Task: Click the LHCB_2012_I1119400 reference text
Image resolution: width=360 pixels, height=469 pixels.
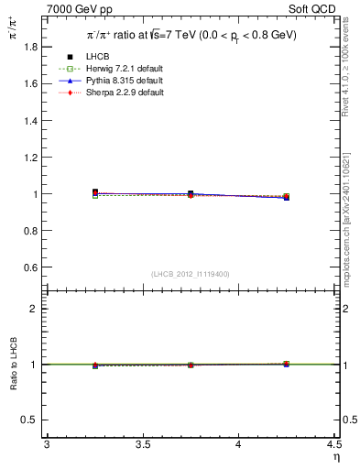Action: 191,274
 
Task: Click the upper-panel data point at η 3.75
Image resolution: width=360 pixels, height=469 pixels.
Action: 191,194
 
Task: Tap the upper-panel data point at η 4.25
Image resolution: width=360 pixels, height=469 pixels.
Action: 286,197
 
